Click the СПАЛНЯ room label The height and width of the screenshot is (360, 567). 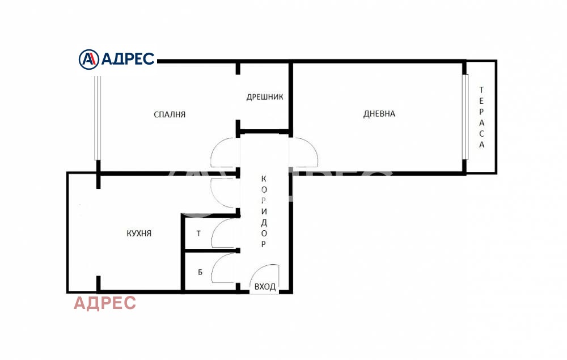170,114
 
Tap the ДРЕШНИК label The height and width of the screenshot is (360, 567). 264,97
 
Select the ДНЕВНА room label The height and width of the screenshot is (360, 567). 379,113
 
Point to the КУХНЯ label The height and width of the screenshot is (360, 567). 138,233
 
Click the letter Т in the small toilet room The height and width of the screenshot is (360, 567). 198,233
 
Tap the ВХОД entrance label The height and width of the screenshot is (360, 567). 265,287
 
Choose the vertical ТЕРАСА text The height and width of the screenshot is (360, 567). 481,117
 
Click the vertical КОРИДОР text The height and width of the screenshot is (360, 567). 264,211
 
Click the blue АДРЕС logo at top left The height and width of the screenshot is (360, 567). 117,58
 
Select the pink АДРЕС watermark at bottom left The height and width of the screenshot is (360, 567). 105,303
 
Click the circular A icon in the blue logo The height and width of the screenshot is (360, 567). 88,58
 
